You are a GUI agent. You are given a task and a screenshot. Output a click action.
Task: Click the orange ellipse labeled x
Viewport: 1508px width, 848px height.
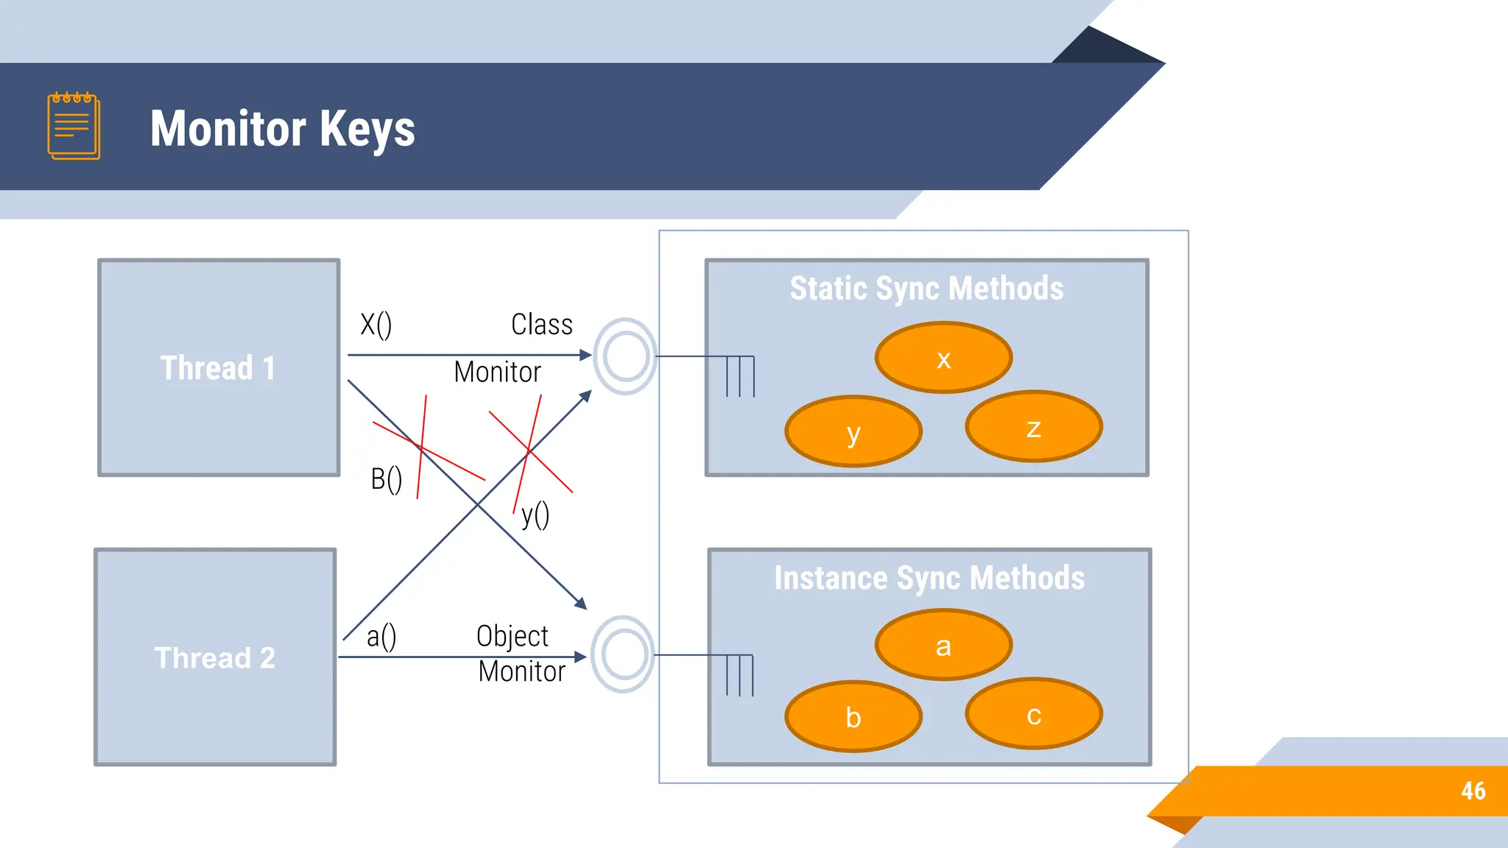(943, 358)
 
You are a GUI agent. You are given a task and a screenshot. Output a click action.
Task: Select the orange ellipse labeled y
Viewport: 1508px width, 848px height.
(853, 431)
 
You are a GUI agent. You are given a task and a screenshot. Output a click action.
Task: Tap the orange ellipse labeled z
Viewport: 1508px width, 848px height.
(1034, 426)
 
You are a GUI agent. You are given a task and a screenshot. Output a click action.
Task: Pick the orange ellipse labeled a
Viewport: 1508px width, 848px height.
(943, 645)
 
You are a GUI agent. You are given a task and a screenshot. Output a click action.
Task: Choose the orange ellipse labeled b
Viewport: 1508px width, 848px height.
(853, 716)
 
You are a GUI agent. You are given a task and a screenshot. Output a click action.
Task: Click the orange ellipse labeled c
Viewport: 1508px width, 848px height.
(1034, 713)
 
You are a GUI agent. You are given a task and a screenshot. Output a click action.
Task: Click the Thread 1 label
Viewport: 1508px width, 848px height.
(218, 367)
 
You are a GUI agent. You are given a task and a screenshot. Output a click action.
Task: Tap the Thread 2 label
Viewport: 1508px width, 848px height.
(215, 657)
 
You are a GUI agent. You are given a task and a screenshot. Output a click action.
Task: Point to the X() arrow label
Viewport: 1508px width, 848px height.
(376, 325)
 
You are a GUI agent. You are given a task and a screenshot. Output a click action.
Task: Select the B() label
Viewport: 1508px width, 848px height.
(386, 480)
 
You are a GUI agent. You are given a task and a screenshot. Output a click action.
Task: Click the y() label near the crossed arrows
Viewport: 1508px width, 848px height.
(535, 515)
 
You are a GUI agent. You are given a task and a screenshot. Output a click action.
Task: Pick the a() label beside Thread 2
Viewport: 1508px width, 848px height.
(381, 637)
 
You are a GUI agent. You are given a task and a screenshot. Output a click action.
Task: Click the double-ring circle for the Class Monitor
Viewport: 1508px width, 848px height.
(625, 356)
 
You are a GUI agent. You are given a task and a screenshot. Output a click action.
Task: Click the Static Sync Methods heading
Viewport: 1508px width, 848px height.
(926, 288)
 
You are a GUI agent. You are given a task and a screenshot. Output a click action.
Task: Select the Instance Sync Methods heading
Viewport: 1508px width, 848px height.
(929, 578)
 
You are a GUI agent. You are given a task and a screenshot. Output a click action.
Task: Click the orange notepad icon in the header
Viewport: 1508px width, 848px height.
(74, 126)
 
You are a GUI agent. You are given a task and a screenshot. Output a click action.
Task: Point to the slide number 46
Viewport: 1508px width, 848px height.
(1473, 791)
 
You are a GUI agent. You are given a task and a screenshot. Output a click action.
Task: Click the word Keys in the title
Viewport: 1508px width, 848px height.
(367, 130)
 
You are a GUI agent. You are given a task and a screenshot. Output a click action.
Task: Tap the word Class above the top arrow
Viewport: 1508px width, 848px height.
(542, 325)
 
